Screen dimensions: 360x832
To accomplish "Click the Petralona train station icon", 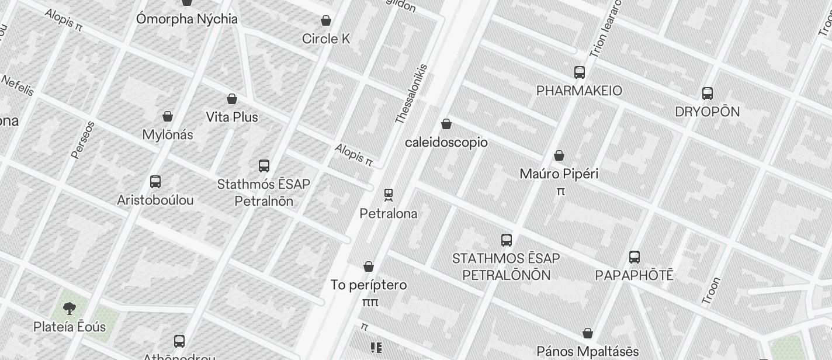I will click(x=389, y=195).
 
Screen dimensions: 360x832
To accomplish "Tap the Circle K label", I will click(x=326, y=39).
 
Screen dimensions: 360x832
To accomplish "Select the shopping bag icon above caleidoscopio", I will click(x=446, y=124).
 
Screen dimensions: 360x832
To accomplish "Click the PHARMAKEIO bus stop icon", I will click(x=580, y=72).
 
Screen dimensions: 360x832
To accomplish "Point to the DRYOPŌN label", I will click(x=707, y=112).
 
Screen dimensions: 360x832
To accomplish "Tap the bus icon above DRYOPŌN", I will click(x=708, y=94).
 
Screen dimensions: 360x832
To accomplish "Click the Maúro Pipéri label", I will click(x=559, y=174).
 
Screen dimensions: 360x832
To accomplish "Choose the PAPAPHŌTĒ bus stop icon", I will click(x=635, y=257).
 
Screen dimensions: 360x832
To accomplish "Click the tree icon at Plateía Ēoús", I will click(x=69, y=308).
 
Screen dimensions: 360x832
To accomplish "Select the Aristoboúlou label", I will click(x=155, y=200).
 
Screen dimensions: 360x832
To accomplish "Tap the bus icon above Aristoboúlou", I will click(x=155, y=182).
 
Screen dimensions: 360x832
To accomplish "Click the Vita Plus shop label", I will click(x=232, y=117).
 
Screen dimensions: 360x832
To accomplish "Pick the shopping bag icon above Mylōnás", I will click(x=168, y=116).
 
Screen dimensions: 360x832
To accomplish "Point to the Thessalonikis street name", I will click(x=411, y=94).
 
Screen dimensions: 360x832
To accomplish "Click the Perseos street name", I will click(x=83, y=140).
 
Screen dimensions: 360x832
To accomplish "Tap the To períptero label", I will click(x=369, y=285).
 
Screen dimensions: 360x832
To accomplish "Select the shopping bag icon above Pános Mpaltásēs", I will click(x=588, y=333).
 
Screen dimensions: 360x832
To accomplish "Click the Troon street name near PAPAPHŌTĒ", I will click(x=710, y=291).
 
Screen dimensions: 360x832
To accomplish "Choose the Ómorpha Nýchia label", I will click(x=187, y=19).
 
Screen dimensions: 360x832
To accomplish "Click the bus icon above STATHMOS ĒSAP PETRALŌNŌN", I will click(x=507, y=240).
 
